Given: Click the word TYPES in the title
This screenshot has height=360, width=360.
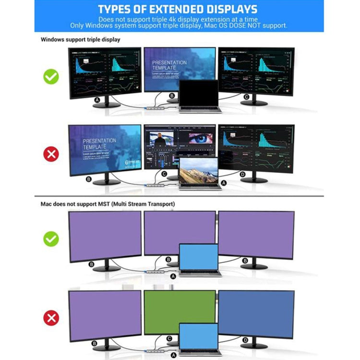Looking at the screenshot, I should point(120,9).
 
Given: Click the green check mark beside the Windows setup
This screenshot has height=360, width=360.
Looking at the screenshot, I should point(51,77).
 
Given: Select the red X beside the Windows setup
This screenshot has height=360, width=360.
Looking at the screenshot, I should point(51,154).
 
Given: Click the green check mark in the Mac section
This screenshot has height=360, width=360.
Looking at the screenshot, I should point(51,239).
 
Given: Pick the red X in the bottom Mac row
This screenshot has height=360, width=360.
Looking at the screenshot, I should point(51,317).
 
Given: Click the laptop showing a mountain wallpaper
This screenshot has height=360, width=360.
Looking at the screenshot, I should point(199,171).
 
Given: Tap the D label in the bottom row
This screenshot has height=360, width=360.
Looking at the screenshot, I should point(245,340).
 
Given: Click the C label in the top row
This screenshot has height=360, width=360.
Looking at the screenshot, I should point(246,97).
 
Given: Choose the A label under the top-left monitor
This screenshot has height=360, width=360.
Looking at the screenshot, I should point(97,100).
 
